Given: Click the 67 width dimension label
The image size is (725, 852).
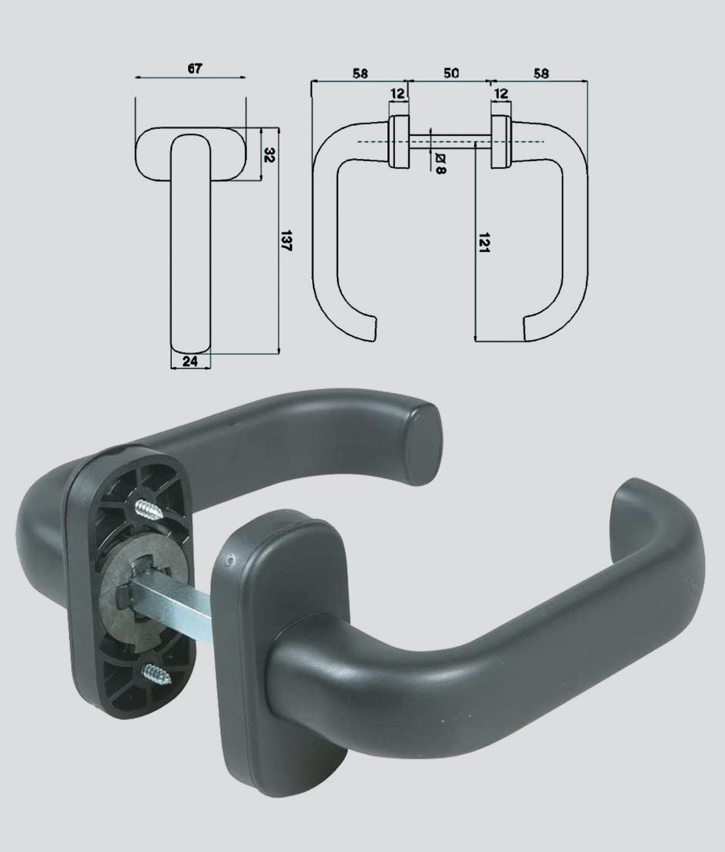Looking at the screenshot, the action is click(195, 68).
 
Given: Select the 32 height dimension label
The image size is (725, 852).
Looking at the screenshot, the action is click(269, 155).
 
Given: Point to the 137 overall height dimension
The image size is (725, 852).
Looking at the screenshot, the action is click(286, 241).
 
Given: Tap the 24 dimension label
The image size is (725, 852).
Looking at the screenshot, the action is click(190, 362).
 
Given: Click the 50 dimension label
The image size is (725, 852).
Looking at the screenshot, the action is click(451, 73).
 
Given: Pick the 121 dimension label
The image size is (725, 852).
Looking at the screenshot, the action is click(484, 243).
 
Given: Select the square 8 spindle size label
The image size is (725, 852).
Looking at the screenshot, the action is click(440, 163).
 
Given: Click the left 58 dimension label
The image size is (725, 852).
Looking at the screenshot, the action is click(360, 74).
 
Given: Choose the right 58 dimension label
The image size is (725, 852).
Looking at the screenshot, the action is click(541, 74).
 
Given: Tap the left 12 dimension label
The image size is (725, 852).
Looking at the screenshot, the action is click(397, 93).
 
